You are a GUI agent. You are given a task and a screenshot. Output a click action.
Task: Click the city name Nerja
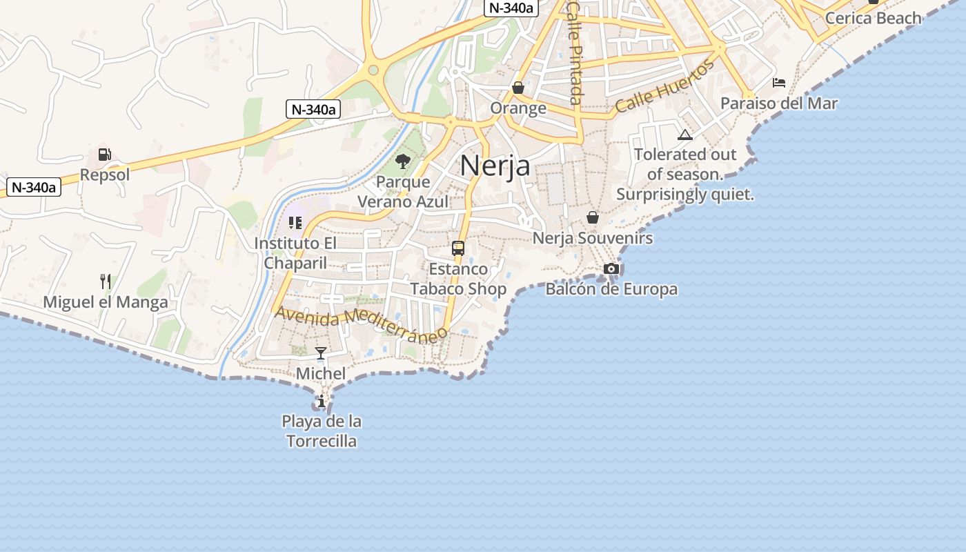tap(495, 166)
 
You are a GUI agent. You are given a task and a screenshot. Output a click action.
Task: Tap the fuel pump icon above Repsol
tap(105, 155)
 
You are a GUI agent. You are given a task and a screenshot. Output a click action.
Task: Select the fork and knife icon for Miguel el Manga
tap(105, 281)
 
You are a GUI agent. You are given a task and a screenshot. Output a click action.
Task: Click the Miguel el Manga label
tap(106, 302)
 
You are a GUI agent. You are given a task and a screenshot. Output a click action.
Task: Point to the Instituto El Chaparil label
tap(295, 253)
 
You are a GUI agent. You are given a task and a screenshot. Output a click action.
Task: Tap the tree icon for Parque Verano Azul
tap(403, 161)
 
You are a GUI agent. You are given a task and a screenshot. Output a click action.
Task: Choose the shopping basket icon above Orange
tap(518, 88)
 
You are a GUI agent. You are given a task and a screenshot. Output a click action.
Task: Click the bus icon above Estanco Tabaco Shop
tap(458, 248)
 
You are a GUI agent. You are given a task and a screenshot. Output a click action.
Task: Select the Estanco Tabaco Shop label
tap(458, 279)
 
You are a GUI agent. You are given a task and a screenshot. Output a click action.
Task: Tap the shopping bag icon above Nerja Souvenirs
tap(593, 217)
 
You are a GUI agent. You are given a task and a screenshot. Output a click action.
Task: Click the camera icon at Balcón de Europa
tap(611, 268)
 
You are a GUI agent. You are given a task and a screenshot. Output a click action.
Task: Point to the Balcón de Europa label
tap(611, 289)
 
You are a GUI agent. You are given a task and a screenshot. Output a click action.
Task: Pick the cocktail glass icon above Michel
tap(321, 353)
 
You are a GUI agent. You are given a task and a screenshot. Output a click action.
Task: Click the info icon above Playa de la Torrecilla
tap(322, 401)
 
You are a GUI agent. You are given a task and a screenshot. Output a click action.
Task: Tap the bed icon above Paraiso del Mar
tap(779, 83)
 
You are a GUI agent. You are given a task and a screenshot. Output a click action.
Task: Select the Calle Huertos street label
tap(664, 88)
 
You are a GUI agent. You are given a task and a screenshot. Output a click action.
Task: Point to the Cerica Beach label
tap(873, 18)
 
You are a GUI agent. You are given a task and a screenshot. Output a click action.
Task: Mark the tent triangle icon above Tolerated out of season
tap(684, 135)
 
